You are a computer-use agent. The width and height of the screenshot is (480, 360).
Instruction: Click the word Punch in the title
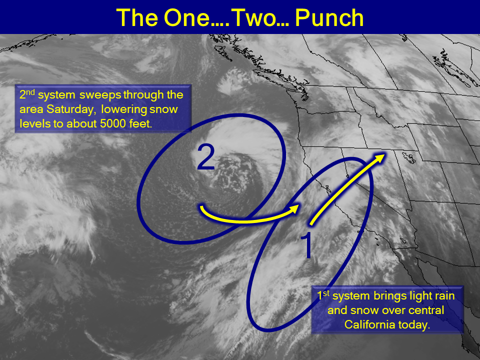[329, 18]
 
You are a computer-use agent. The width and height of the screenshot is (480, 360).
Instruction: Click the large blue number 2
[205, 157]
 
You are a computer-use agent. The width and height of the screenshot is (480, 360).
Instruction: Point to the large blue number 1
[306, 245]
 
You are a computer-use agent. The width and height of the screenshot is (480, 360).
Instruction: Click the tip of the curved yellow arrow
[299, 205]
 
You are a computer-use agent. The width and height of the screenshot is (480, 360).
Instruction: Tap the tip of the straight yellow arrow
[385, 153]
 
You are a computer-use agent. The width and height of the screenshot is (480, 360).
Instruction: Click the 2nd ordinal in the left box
[27, 94]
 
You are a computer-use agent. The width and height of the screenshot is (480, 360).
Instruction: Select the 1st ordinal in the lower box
[323, 295]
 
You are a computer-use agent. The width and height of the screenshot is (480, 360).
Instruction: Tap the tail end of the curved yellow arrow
[201, 207]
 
